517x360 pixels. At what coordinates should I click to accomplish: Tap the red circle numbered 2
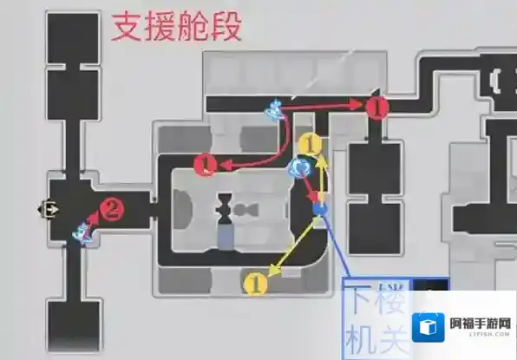tap(110, 207)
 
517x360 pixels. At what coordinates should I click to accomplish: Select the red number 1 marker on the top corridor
tap(376, 108)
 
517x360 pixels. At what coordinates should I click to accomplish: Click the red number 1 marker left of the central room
tap(204, 162)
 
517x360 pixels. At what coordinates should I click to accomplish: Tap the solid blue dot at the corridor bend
tap(320, 208)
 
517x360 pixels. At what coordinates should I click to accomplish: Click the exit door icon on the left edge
tap(44, 208)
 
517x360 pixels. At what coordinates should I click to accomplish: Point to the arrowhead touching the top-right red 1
tap(357, 102)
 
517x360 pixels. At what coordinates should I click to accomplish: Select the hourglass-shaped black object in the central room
tap(225, 207)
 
